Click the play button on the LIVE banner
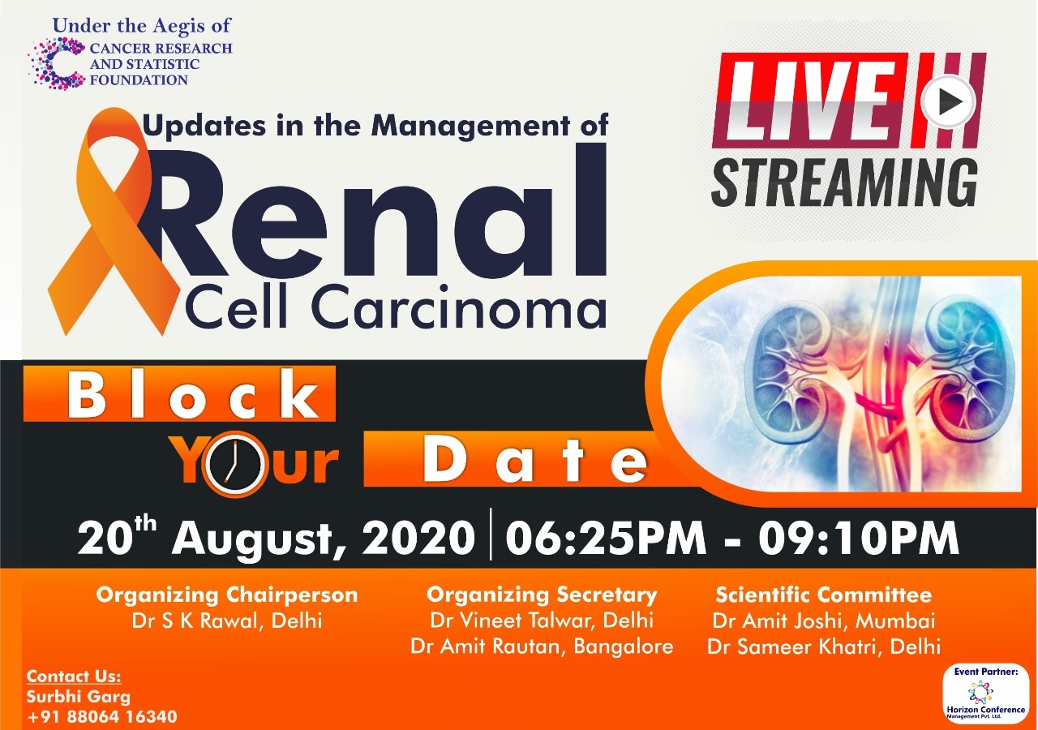point(948,102)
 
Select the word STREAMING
point(845,182)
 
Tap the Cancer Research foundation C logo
point(58,63)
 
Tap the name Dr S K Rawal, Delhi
point(226,621)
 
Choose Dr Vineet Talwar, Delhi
point(542,620)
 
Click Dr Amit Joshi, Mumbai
point(823,621)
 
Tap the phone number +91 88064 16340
point(102,716)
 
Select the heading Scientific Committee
point(823,595)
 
